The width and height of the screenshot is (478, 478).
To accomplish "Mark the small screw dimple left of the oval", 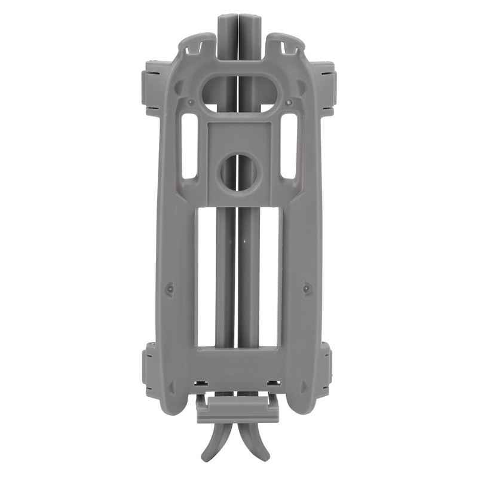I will (190, 102).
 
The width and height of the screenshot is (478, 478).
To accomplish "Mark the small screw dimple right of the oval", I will (289, 102).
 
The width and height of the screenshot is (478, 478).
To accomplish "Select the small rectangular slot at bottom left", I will (204, 382).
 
